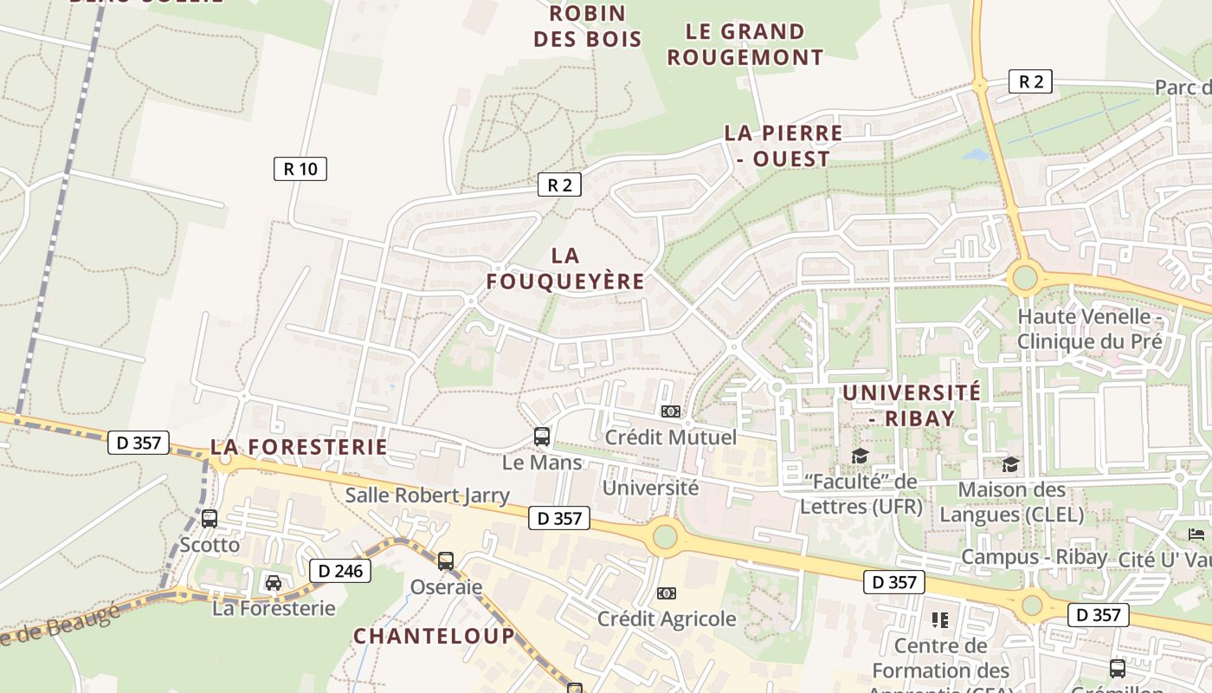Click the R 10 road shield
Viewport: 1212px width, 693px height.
coord(300,169)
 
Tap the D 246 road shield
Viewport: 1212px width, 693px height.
coord(340,571)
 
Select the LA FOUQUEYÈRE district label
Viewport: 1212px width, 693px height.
coord(565,269)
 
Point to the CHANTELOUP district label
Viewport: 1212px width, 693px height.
coord(434,636)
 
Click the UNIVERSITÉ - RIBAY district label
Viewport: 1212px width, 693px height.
coord(912,405)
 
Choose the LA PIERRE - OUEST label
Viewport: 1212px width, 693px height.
coord(783,146)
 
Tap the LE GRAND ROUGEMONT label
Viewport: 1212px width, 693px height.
coord(745,44)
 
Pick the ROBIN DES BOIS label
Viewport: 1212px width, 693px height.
coord(588,26)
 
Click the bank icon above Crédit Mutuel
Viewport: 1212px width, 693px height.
coord(670,411)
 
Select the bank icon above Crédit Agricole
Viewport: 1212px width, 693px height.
coord(666,593)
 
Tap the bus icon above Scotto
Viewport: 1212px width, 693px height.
coord(210,519)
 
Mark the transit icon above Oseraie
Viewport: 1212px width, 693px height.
coord(446,561)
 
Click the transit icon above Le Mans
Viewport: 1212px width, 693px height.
coord(542,437)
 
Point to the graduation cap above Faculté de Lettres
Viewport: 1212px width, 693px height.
coord(860,457)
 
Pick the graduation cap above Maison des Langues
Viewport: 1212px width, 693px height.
coord(1010,465)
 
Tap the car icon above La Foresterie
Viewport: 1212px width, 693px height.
coord(274,582)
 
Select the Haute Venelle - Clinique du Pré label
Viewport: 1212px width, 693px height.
coord(1089,328)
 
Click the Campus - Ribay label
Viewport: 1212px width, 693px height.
coord(1034,556)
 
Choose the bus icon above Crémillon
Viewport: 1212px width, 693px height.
coord(1118,669)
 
